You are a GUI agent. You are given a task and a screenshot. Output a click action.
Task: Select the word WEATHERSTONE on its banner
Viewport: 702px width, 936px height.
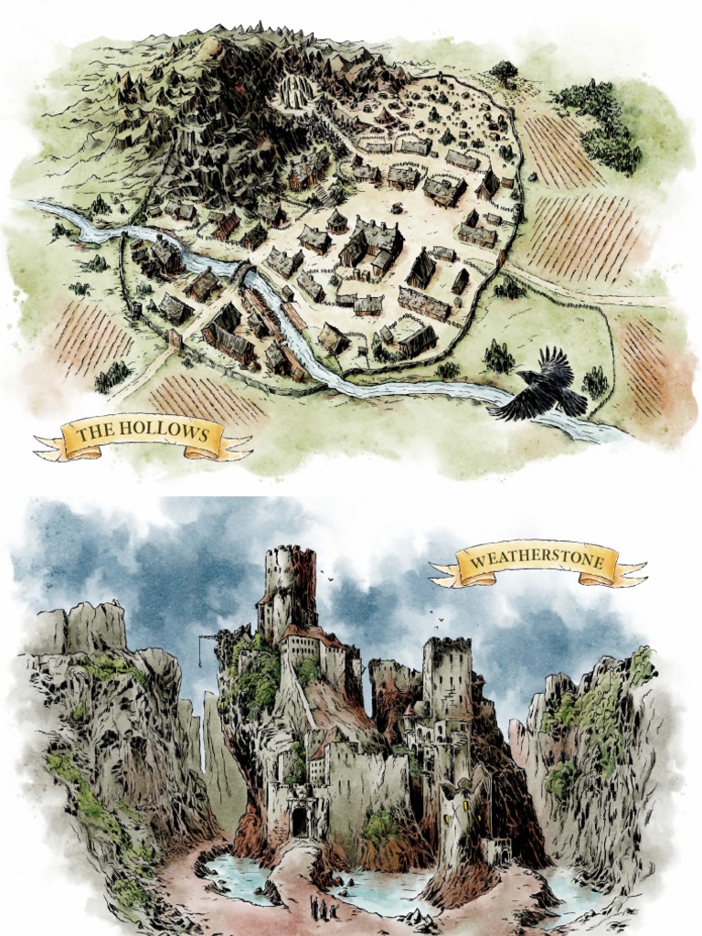tap(537, 559)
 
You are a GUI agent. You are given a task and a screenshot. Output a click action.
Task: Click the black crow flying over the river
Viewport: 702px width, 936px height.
tap(543, 388)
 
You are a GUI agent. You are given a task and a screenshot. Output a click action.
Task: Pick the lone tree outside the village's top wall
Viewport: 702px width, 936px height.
tap(503, 70)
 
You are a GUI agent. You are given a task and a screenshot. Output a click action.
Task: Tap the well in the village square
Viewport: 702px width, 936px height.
tap(396, 207)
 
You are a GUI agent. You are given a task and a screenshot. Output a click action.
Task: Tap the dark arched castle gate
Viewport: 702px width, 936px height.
tap(300, 821)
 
